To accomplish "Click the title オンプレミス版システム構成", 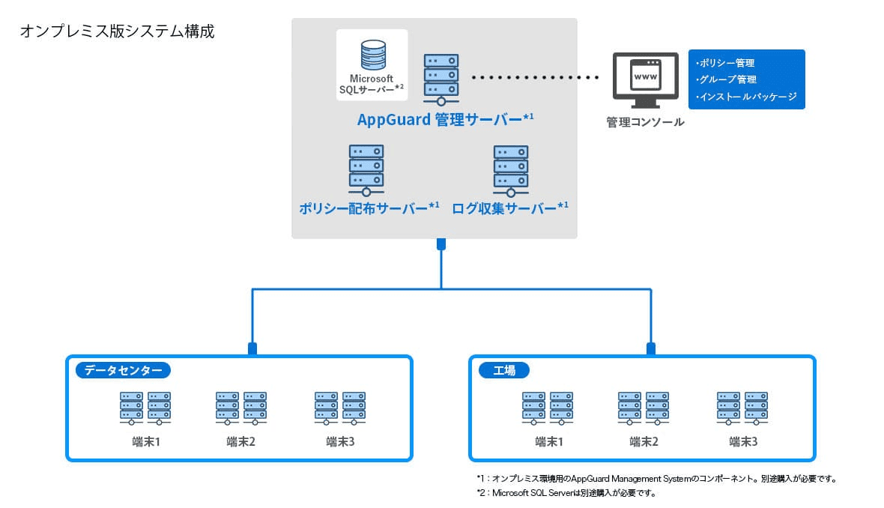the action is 118,31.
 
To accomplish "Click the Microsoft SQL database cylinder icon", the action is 373,55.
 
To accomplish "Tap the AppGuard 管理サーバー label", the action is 446,120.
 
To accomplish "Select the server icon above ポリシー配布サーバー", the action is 366,170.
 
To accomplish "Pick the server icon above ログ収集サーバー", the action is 511,170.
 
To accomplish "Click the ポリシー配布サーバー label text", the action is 369,208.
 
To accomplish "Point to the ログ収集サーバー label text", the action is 510,208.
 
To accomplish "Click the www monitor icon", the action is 646,80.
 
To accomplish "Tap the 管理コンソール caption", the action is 646,122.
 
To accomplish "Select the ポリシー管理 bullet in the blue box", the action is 725,63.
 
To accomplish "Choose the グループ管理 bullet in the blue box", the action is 726,79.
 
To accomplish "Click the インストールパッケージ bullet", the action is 746,97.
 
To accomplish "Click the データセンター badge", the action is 123,370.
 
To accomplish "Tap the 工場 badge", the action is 504,370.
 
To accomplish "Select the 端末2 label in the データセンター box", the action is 240,441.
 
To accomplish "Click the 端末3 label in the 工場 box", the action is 743,441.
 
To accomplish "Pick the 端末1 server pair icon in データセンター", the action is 145,408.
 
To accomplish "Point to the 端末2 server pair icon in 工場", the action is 644,408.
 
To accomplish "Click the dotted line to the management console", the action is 535,77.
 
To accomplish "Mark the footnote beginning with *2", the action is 566,493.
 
